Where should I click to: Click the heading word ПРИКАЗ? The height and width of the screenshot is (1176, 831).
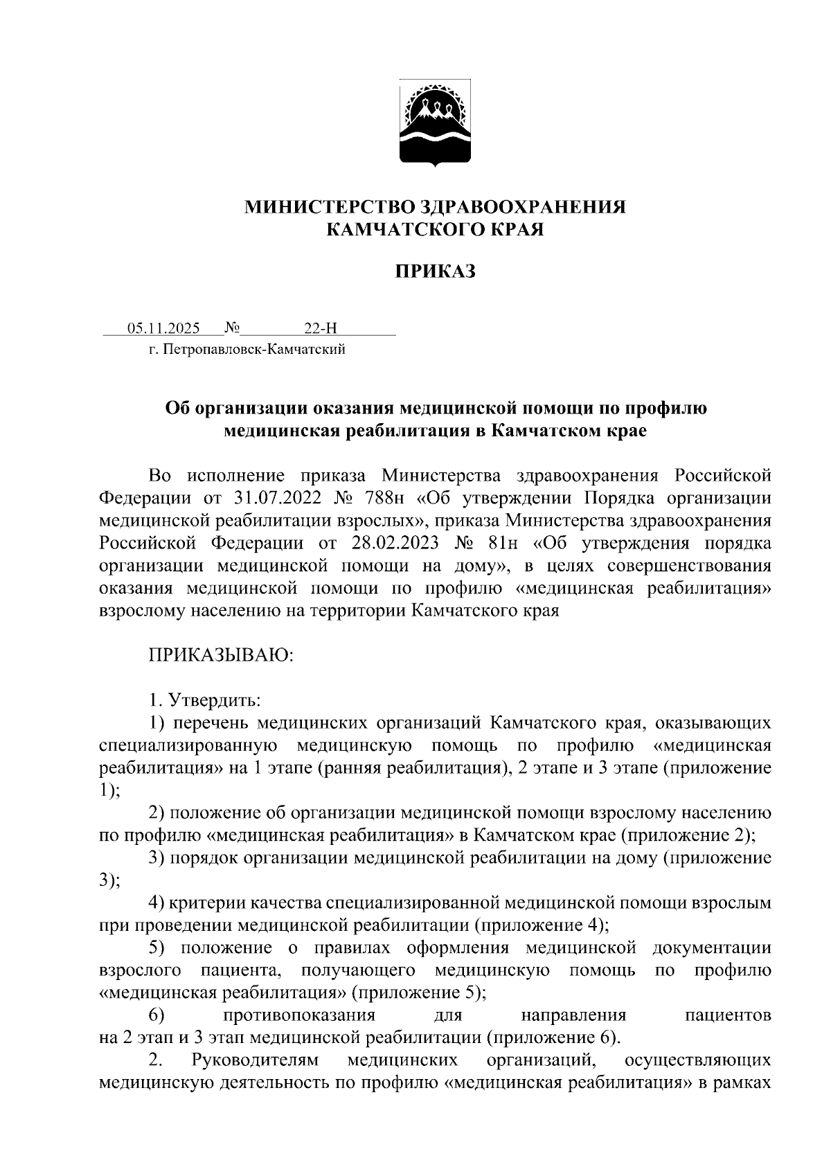[436, 271]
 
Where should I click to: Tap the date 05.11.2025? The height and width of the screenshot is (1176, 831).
[163, 328]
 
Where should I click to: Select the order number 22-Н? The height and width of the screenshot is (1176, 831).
[320, 328]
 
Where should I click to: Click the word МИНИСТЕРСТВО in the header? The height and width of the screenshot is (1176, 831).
[331, 207]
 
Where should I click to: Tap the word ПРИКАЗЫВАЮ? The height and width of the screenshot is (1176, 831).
[222, 654]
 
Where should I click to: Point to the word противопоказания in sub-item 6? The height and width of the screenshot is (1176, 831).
[299, 1015]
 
